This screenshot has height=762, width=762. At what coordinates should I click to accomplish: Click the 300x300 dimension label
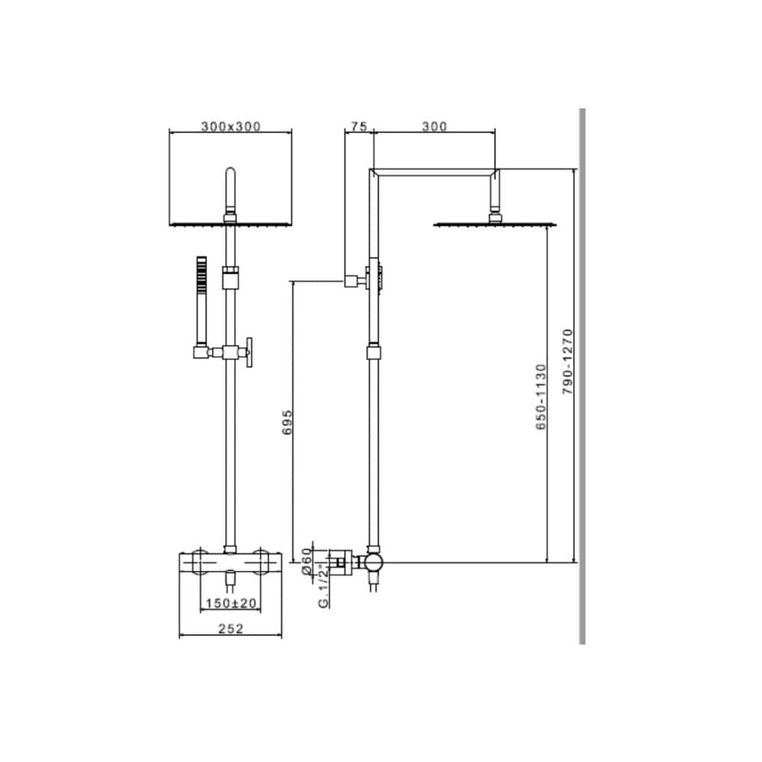pyautogui.click(x=231, y=127)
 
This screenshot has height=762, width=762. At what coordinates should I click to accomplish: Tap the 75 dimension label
pyautogui.click(x=358, y=127)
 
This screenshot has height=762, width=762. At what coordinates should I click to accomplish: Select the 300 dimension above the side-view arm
pyautogui.click(x=434, y=127)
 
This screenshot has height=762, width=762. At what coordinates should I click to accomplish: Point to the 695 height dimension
pyautogui.click(x=287, y=422)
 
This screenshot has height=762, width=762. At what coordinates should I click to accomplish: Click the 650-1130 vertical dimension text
pyautogui.click(x=541, y=396)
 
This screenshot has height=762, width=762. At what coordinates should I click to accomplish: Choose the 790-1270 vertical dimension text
pyautogui.click(x=567, y=362)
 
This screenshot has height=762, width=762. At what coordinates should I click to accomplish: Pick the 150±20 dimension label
pyautogui.click(x=231, y=603)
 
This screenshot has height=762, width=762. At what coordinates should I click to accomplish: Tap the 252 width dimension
pyautogui.click(x=230, y=629)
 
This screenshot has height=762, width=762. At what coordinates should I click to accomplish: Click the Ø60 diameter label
pyautogui.click(x=306, y=561)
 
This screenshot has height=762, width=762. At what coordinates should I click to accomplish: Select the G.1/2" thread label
pyautogui.click(x=323, y=586)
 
